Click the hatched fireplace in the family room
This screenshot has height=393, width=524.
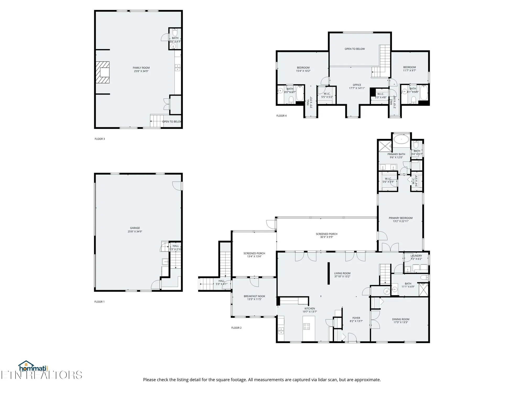pos(102,72)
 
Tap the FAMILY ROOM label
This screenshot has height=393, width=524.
pos(141,68)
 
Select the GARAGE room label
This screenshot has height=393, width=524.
pos(135,228)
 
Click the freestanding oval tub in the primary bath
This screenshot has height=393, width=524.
pos(401,139)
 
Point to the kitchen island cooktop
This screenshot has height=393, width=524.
pos(307,326)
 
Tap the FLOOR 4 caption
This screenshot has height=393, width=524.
pos(281,116)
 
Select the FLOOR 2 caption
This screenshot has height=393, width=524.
pos(236,328)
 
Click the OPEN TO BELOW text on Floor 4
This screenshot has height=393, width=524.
pos(354,49)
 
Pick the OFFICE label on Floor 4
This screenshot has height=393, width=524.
pos(357,85)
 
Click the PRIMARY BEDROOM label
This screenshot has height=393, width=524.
pos(401,218)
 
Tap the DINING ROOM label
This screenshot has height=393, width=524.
pos(401,319)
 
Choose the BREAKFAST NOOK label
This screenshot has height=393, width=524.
pos(254,296)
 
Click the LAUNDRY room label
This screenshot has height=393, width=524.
pos(416,256)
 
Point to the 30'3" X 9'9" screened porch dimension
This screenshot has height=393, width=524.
pos(326,237)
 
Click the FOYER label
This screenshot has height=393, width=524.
pos(356,318)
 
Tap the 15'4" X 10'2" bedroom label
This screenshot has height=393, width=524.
pos(303,71)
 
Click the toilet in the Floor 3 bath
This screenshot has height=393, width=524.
pos(175,33)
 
